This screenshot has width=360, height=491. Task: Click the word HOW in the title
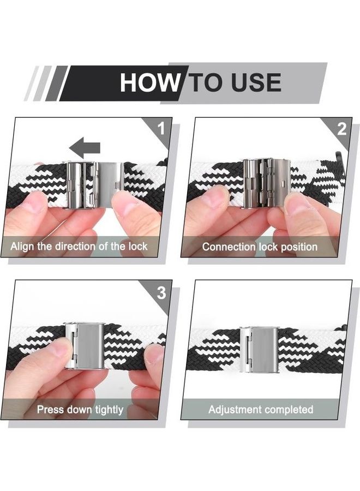coord(150,82)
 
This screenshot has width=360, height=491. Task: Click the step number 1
coord(161,128)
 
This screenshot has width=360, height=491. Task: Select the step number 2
coord(341,129)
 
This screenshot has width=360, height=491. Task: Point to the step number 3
coord(161,293)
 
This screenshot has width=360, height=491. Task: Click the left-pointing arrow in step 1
coord(85,147)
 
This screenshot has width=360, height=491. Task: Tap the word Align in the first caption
coord(22,247)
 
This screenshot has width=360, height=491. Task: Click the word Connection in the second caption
coord(229,247)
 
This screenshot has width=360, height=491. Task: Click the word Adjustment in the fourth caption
coord(235,409)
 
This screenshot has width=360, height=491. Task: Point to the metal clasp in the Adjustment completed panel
coord(259,350)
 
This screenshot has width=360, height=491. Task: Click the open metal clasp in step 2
coord(267,183)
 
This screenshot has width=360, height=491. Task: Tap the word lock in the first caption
coord(138,247)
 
